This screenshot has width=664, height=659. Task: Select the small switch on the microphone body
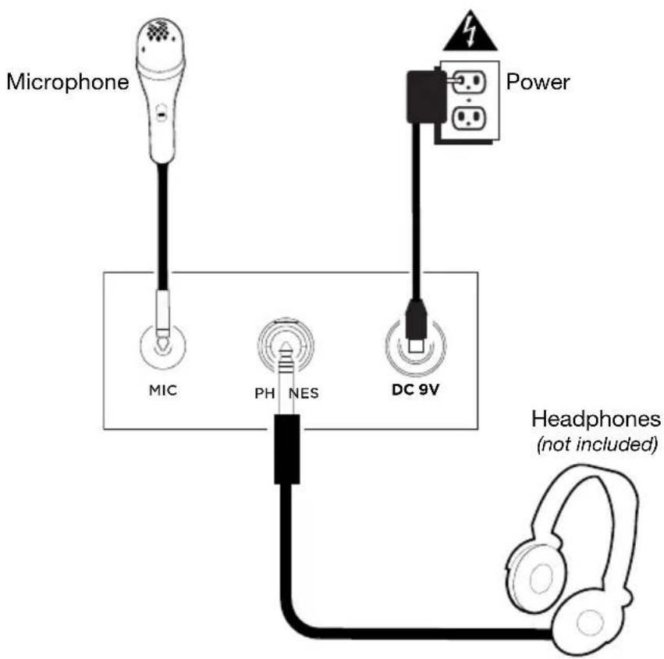tap(161, 113)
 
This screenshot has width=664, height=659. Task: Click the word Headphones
tap(596, 420)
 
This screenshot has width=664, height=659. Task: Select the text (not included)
tap(597, 446)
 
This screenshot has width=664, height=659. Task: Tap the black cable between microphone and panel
tap(162, 226)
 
